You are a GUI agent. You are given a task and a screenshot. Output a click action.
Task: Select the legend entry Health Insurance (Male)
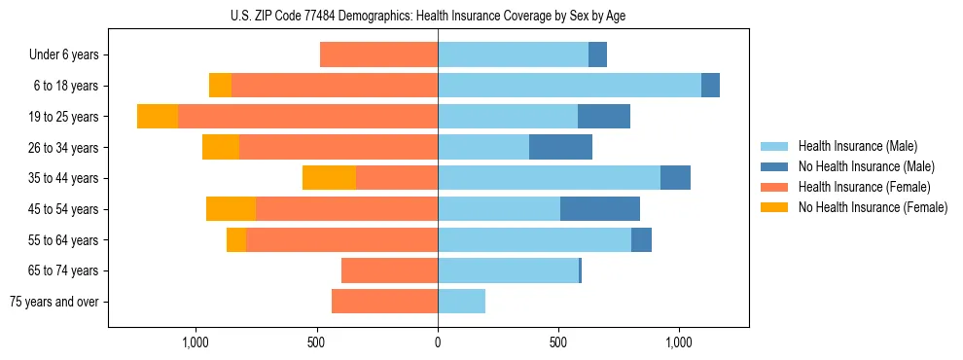[x=851, y=146]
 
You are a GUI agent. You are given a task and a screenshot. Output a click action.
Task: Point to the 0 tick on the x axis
[x=438, y=342]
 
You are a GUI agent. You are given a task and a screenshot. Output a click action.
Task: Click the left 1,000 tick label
[x=196, y=342]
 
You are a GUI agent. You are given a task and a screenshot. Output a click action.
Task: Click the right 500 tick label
[x=558, y=342]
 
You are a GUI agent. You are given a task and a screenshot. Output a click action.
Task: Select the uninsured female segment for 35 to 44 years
[x=329, y=178]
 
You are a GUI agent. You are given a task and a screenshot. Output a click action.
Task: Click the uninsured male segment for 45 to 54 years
[x=600, y=209]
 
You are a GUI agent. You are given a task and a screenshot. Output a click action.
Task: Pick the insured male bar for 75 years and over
[x=461, y=302]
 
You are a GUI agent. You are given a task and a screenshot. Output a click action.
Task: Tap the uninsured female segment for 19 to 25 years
[x=158, y=117]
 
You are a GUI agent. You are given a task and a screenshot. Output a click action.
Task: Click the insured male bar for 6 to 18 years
[x=569, y=86]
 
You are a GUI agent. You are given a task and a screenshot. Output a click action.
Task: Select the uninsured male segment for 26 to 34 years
[x=560, y=147]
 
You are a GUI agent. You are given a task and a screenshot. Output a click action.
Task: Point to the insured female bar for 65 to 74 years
[x=389, y=270]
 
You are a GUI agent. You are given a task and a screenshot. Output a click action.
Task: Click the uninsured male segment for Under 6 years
[x=597, y=55]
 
